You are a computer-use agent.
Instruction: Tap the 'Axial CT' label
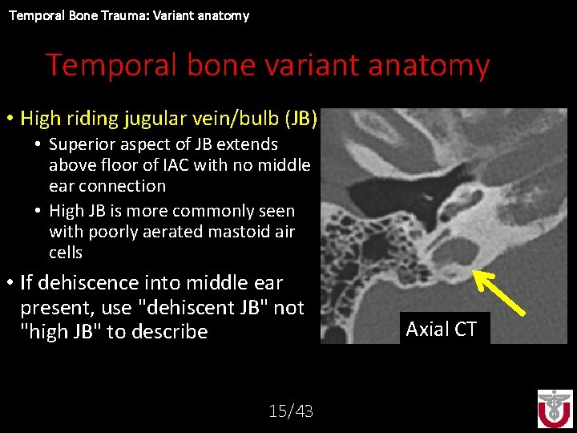[442, 329]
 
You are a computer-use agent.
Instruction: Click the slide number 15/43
[291, 411]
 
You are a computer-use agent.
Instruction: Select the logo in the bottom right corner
[555, 408]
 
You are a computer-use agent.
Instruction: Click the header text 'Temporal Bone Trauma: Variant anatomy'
[129, 15]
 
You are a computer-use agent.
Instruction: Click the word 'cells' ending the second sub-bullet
[66, 253]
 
